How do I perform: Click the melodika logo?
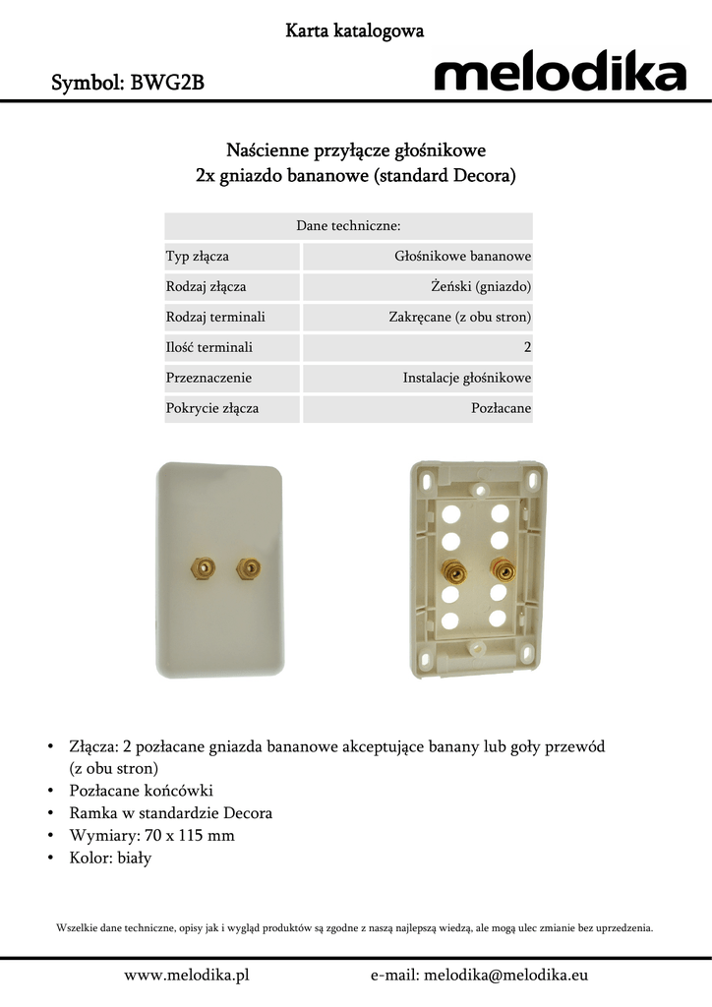[560, 73]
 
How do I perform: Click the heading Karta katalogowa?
[355, 31]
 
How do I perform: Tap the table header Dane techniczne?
[348, 226]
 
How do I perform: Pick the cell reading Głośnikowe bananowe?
[463, 257]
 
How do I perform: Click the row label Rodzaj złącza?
[207, 287]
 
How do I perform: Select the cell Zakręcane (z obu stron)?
[460, 318]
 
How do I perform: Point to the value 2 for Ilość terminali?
[527, 347]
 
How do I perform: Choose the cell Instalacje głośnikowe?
[467, 378]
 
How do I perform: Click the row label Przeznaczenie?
[208, 378]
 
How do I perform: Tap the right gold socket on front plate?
[244, 567]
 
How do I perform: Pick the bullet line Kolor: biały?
[110, 858]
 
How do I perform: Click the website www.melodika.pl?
[186, 975]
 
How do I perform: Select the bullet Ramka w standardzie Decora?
[170, 813]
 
